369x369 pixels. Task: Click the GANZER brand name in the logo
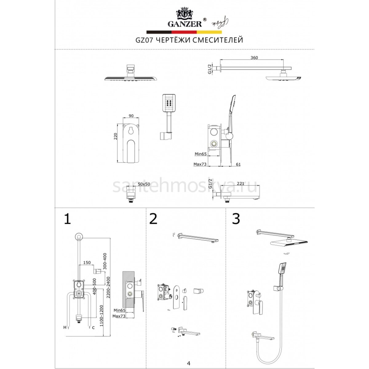point(184,24)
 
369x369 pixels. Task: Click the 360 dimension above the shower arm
point(254,58)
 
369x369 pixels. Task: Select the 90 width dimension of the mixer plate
point(131,116)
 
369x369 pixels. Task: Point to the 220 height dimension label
point(115,136)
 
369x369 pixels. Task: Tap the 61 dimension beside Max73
point(238,165)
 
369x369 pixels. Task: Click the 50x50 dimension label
point(144,184)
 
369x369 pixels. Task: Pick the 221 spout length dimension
point(240,184)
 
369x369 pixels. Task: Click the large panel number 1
point(67,219)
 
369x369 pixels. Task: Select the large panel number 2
point(153,219)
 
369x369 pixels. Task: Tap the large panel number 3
point(236,219)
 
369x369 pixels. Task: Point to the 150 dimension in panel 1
point(87,263)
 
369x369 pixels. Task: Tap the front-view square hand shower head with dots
point(169,103)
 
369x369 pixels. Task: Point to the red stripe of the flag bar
point(184,32)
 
